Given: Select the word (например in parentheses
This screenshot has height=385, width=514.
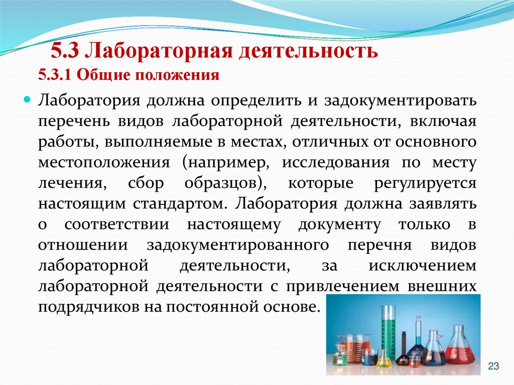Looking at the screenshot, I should [x=228, y=164].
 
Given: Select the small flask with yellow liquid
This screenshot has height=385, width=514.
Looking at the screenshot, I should [x=383, y=358].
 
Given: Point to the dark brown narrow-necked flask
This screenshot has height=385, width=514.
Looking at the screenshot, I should [x=404, y=351].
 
